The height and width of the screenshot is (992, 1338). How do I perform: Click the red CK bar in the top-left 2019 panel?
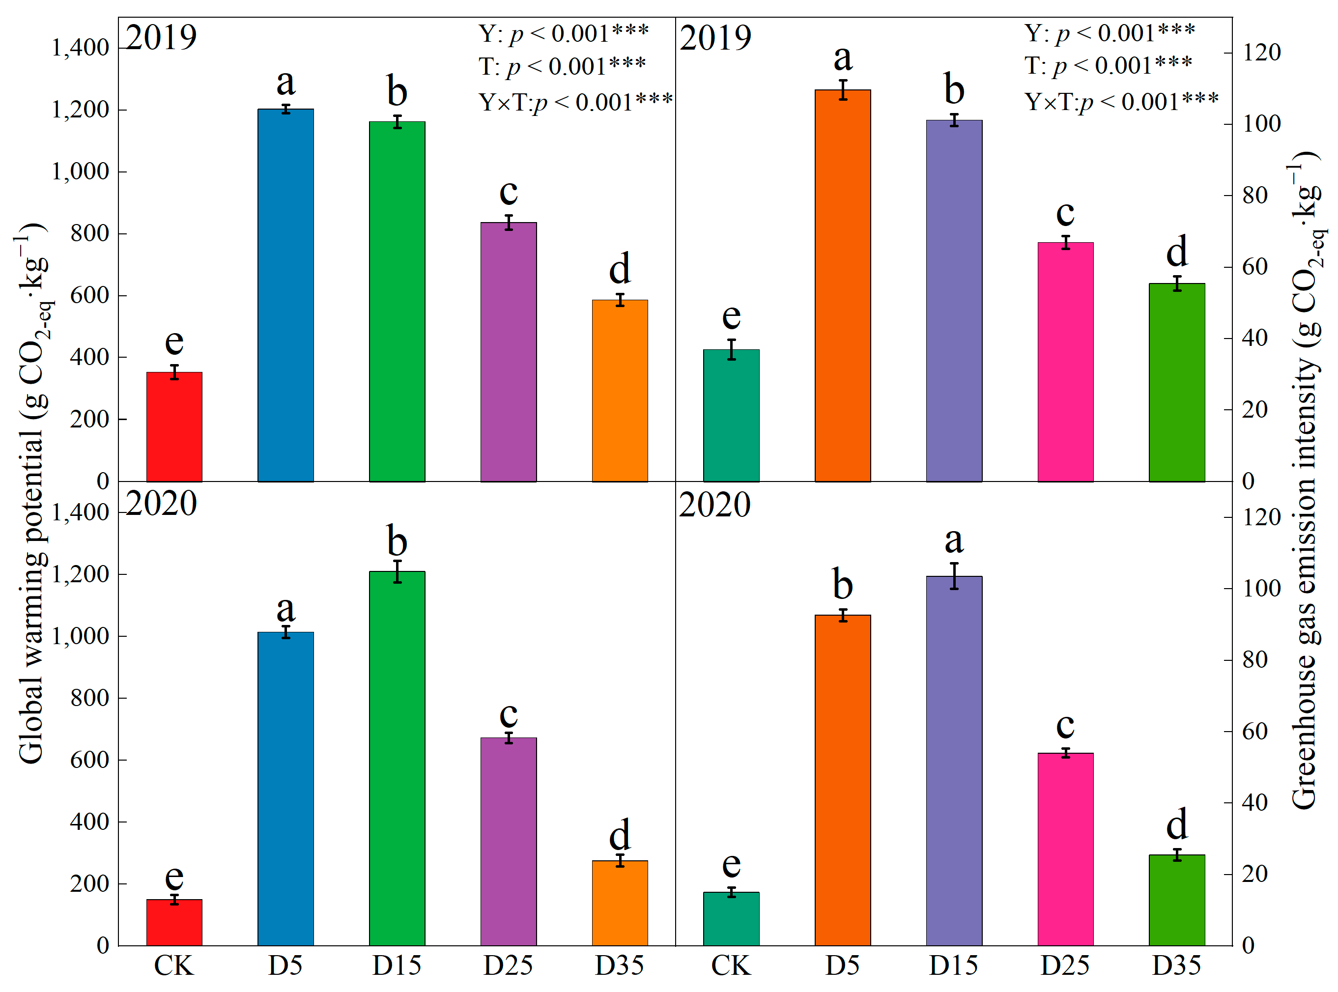tap(174, 426)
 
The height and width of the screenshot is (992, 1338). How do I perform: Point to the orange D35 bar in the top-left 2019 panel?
tap(619, 390)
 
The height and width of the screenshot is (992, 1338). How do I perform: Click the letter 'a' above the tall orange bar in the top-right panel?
tap(843, 58)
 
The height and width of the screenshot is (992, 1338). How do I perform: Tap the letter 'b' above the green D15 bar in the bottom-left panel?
tap(397, 540)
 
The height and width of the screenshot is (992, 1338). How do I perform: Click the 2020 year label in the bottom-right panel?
tap(714, 505)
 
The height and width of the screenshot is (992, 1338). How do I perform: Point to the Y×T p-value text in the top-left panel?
tap(575, 102)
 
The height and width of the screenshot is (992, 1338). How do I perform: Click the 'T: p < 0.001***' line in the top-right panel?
tap(1108, 65)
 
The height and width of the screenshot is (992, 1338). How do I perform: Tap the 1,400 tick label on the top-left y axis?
tap(80, 48)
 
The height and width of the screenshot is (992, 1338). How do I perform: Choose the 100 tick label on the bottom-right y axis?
tap(1261, 589)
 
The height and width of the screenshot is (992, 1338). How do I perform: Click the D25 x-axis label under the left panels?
tap(508, 965)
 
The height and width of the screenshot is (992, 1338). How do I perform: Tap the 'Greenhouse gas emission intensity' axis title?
tap(1306, 481)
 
